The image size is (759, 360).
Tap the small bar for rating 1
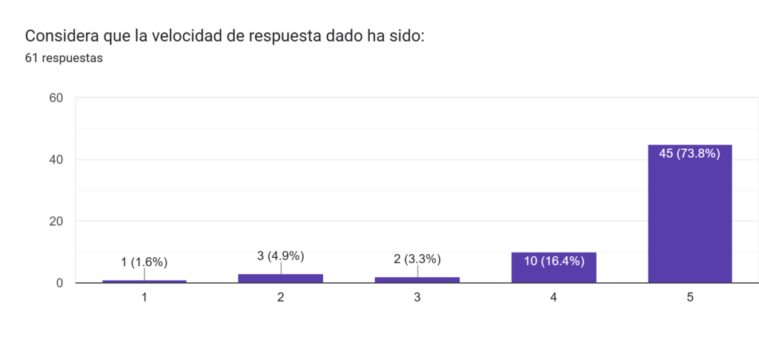click(x=144, y=281)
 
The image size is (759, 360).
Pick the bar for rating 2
click(x=280, y=279)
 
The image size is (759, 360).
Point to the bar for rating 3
click(x=417, y=280)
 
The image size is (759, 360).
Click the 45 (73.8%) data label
click(x=689, y=154)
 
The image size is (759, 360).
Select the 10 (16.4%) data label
click(x=553, y=261)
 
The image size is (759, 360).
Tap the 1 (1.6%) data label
click(x=144, y=261)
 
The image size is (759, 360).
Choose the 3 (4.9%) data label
click(x=280, y=256)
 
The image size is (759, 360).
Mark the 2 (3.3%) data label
click(x=417, y=259)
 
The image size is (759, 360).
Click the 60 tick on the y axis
click(x=55, y=98)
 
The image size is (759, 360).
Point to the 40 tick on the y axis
click(x=55, y=159)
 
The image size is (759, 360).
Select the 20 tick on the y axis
click(x=55, y=221)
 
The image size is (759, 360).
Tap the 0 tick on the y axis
click(x=59, y=283)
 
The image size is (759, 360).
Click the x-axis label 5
click(x=689, y=297)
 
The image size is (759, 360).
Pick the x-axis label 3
click(x=417, y=297)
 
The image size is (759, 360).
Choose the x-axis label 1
click(x=144, y=297)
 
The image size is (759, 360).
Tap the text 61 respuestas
click(x=64, y=59)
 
